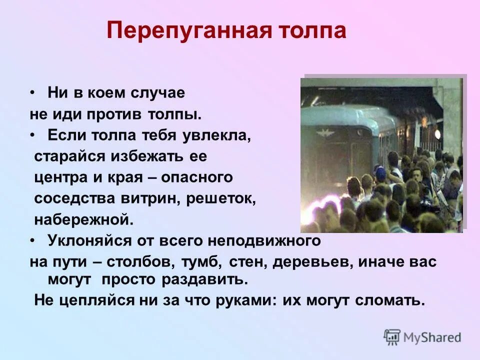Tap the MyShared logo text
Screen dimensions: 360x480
[x=431, y=337]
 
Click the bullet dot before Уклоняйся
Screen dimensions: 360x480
[x=33, y=240]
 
